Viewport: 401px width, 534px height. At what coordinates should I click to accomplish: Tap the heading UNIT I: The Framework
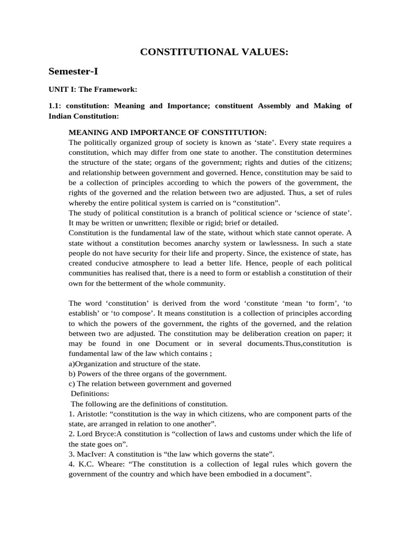93,89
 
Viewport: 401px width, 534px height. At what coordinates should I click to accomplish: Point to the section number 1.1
55,105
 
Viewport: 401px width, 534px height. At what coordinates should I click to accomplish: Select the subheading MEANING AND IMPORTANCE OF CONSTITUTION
168,132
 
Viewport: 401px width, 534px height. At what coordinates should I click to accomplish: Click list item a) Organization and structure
134,363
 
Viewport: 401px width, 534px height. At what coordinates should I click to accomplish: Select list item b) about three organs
148,373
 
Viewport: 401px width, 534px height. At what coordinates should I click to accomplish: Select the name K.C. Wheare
98,464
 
